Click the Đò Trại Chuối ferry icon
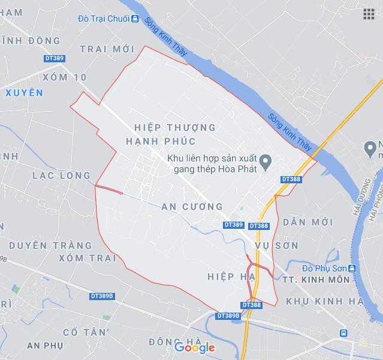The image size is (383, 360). coord(135,19)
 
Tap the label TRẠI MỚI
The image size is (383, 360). coord(116,49)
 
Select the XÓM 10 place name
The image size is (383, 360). coord(65,77)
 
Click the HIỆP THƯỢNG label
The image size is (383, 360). coord(175,128)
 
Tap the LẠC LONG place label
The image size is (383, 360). coord(62,176)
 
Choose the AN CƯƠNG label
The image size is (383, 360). coord(192,207)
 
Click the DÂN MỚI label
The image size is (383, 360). coord(307,222)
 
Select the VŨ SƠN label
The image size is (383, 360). coord(276,246)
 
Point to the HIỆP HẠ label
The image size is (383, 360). coord(231,276)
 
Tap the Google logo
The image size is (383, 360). coord(195,347)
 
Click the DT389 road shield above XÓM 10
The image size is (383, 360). coord(54,58)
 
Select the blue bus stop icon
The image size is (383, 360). coord(343,333)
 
